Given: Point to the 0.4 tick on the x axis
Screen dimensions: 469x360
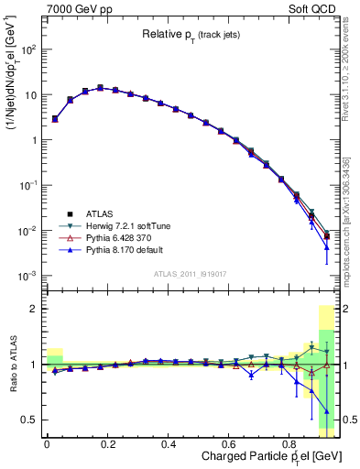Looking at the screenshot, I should coord(169,445).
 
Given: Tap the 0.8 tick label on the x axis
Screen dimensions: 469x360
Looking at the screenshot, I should coord(290,445).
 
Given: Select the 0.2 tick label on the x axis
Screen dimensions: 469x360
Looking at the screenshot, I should coord(107,445).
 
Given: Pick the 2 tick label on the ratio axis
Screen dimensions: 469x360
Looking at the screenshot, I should coord(36,310).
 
